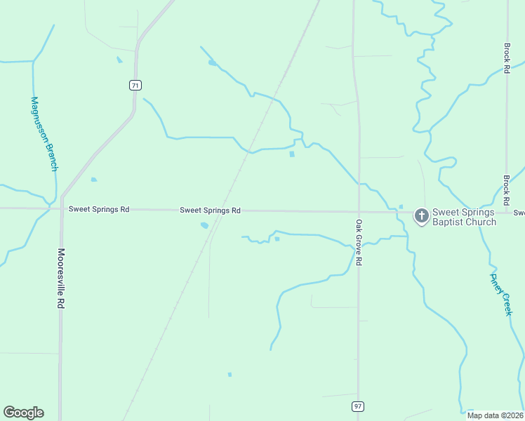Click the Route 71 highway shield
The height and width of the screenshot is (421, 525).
[x=135, y=86]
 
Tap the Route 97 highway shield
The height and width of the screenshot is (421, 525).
[x=358, y=406]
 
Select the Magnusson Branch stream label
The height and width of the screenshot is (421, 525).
[x=43, y=133]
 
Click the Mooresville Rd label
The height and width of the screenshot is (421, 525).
[x=61, y=279]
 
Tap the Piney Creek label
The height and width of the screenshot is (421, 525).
[x=500, y=293]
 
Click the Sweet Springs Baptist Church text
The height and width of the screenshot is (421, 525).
[x=463, y=217]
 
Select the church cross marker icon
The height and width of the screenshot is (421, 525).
[x=421, y=216]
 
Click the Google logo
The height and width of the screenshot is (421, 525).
[x=23, y=413]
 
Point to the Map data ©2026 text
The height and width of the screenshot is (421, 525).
[x=496, y=415]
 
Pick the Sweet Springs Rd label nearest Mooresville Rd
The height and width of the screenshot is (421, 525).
[x=99, y=209]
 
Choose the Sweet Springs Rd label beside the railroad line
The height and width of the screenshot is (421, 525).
[x=210, y=210]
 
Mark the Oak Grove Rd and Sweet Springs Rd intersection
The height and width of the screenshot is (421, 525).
[x=359, y=211]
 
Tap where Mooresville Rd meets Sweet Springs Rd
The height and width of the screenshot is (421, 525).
[x=61, y=208]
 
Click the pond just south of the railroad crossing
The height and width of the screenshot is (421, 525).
[x=204, y=225]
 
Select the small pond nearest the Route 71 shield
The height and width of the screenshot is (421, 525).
[x=119, y=60]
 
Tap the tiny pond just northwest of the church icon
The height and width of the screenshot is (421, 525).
[x=401, y=206]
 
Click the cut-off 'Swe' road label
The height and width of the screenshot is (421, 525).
[x=519, y=213]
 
